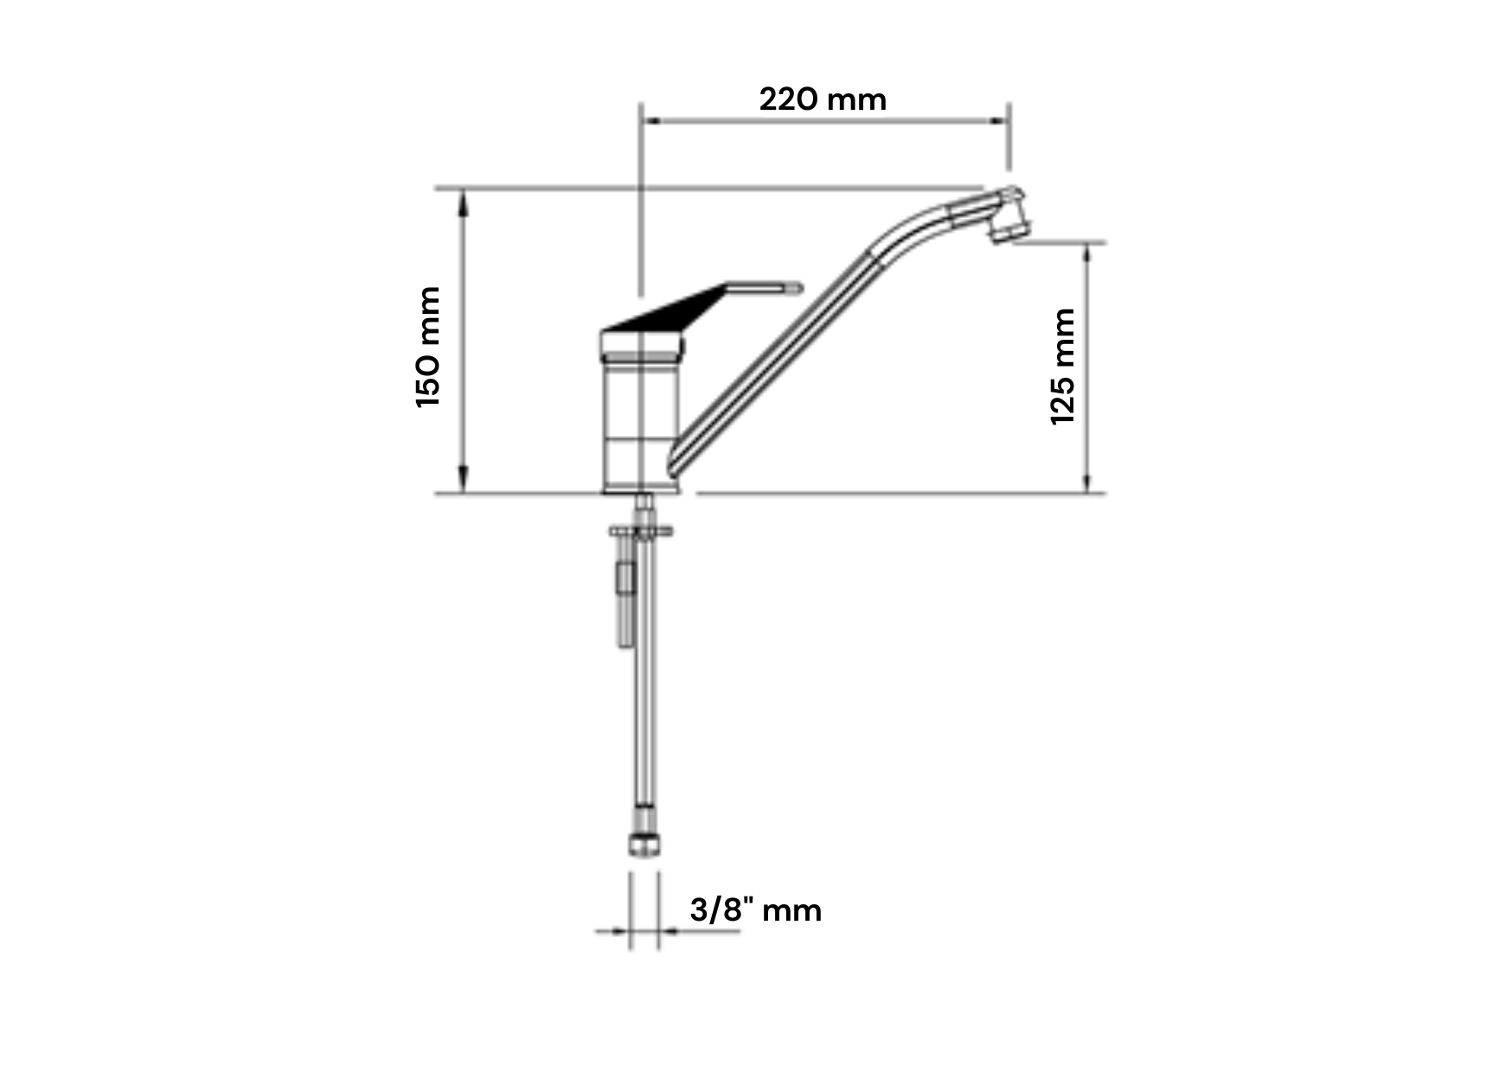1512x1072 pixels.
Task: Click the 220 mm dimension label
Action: [x=823, y=99]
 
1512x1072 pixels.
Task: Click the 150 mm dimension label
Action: [x=429, y=347]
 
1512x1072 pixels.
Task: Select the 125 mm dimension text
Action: [x=1062, y=367]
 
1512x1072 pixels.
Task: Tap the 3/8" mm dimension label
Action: [x=755, y=909]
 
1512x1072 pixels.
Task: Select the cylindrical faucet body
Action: [x=641, y=415]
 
